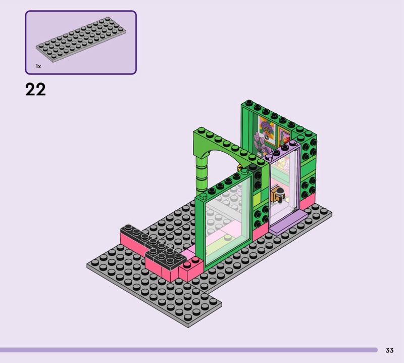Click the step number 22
coord(35,89)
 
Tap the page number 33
coord(389,350)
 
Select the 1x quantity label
coord(38,67)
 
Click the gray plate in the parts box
coord(81,39)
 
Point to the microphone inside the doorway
coord(280,192)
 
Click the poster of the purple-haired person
coord(267,131)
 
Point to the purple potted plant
coord(260,143)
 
